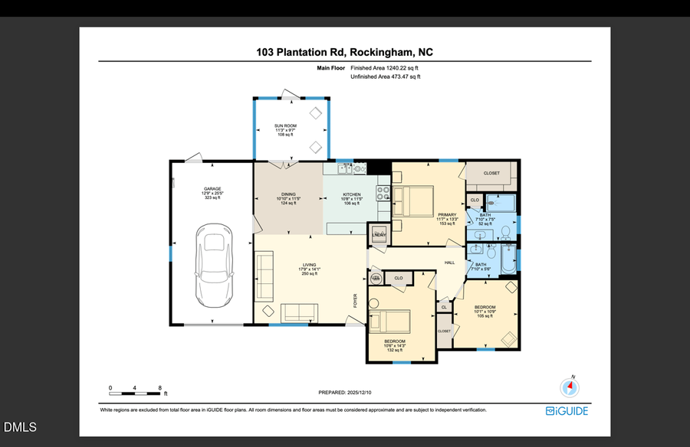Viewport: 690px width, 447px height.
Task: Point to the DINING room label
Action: click(x=287, y=194)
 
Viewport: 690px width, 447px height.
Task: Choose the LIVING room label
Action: click(x=308, y=265)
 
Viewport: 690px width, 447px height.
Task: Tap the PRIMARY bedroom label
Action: click(x=448, y=214)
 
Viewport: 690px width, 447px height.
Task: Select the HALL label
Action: click(x=450, y=262)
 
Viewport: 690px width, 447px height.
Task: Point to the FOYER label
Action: click(x=356, y=302)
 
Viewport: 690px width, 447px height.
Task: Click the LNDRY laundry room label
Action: click(x=379, y=234)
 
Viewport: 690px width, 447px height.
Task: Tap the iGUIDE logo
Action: click(x=567, y=411)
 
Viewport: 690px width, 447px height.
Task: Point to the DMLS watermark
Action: click(x=19, y=427)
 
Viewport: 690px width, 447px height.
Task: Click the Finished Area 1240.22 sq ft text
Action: click(x=385, y=68)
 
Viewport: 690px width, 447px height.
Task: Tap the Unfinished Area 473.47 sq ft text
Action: click(x=385, y=77)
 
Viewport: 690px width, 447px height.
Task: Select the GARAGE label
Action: click(x=212, y=188)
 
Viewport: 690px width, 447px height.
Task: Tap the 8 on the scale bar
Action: click(x=159, y=388)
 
